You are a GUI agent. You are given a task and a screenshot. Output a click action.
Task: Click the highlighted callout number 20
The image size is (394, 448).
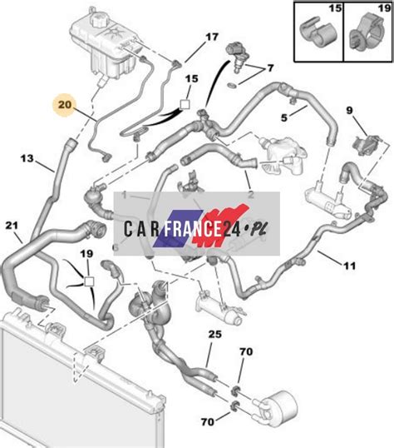tap(65, 105)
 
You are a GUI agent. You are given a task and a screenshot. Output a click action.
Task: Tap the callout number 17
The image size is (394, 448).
tap(212, 37)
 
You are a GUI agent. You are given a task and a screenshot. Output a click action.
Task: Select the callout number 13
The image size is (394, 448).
tap(27, 158)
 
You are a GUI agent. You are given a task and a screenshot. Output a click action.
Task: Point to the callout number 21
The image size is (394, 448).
tap(12, 226)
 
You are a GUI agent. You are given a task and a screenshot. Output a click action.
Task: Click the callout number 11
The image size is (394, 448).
tap(350, 266)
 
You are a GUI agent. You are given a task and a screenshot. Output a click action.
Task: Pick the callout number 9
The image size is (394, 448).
tap(349, 110)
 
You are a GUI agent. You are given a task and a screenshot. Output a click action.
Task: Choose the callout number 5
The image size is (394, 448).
tap(284, 117)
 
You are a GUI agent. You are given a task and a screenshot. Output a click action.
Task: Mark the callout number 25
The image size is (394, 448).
tap(214, 334)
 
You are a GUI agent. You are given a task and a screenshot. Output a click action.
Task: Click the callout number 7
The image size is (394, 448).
tap(270, 68)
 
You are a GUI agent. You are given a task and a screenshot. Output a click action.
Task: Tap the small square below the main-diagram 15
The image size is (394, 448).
tap(185, 104)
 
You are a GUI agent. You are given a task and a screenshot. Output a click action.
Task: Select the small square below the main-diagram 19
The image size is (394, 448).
tap(89, 281)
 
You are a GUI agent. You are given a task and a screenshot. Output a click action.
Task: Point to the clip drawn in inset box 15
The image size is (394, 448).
tap(318, 33)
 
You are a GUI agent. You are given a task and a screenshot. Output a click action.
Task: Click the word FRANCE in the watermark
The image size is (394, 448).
tap(193, 228)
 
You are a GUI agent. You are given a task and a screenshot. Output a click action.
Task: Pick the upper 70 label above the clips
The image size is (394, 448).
tap(246, 351)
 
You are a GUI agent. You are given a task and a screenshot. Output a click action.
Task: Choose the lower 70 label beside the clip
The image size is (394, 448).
tap(208, 421)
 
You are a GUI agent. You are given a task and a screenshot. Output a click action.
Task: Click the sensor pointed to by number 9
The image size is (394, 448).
tap(367, 144)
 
